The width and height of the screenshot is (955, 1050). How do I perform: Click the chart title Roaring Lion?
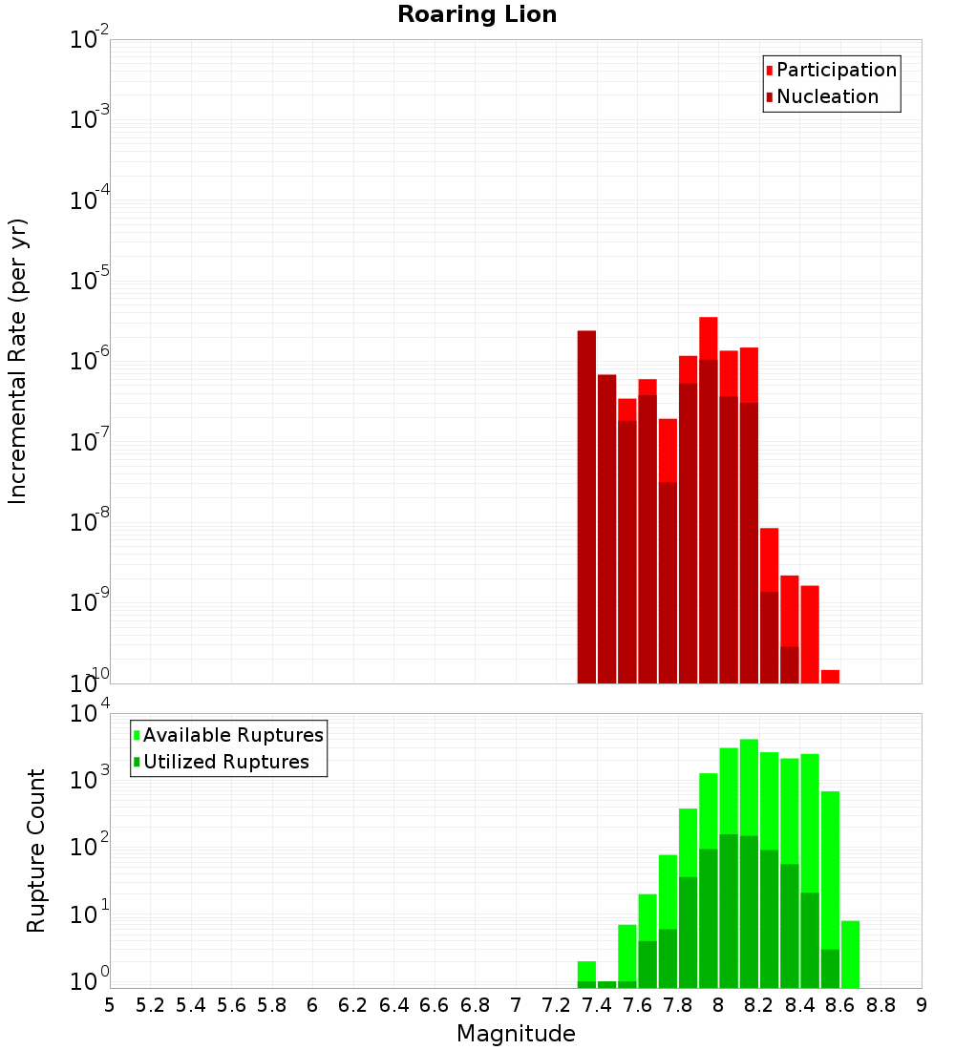point(477,14)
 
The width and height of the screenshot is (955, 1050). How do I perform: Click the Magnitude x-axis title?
point(516,1034)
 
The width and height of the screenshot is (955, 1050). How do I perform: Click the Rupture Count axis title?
point(36,850)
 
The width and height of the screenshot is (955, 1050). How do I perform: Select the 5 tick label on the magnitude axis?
point(110,1005)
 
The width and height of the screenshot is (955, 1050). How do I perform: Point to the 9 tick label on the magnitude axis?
point(922,1005)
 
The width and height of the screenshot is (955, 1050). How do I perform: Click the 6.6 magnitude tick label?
point(435,1005)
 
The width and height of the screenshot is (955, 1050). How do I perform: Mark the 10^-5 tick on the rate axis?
point(90,281)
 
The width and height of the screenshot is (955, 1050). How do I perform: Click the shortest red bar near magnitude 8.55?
point(830,677)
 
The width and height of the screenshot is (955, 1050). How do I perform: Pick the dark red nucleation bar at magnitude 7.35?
point(586,506)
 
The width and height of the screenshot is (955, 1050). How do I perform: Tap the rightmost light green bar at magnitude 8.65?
point(850,955)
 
